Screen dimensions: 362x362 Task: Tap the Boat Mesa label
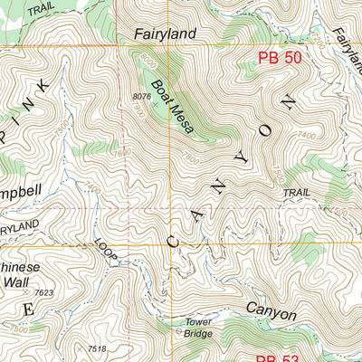(x=172, y=107)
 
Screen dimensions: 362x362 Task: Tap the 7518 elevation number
(x=97, y=348)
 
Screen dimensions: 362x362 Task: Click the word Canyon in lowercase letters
(x=270, y=315)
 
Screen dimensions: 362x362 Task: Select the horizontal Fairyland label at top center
(x=165, y=34)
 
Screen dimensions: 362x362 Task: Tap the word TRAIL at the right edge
(x=296, y=193)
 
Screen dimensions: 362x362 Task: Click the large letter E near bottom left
(x=27, y=310)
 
